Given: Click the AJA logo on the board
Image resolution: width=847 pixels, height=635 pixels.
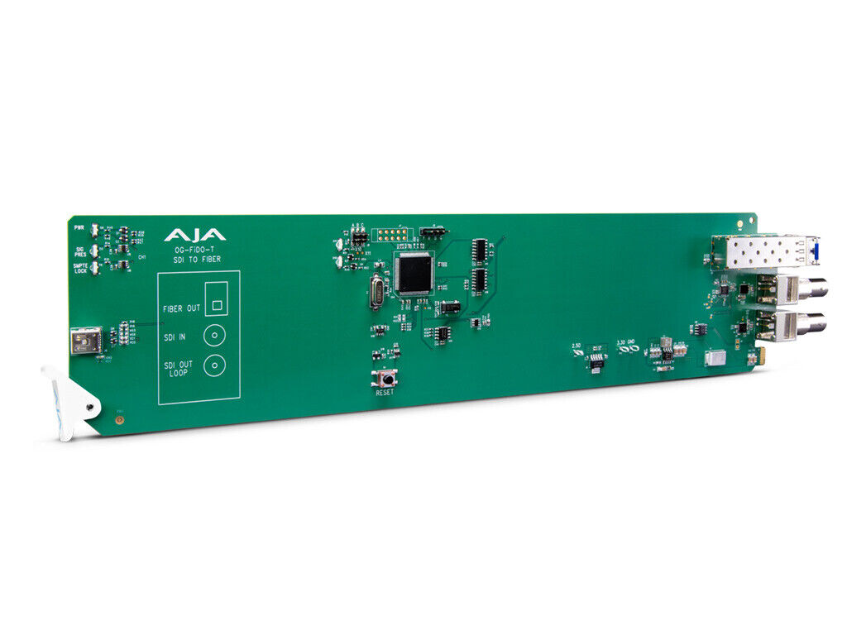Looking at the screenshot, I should (194, 235).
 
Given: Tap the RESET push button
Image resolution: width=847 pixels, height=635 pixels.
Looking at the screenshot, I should (385, 380).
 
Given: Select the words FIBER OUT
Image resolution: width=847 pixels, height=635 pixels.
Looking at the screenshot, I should (182, 308).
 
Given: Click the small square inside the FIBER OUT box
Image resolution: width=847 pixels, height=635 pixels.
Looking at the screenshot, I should (217, 303).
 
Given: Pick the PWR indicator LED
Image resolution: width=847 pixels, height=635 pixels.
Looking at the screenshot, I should (96, 230).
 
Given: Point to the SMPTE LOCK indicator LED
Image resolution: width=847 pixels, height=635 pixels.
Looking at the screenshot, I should (96, 266).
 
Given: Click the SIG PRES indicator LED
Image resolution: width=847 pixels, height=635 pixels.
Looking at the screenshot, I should (96, 248).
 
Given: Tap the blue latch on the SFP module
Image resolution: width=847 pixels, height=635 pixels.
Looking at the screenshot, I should (817, 249).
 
